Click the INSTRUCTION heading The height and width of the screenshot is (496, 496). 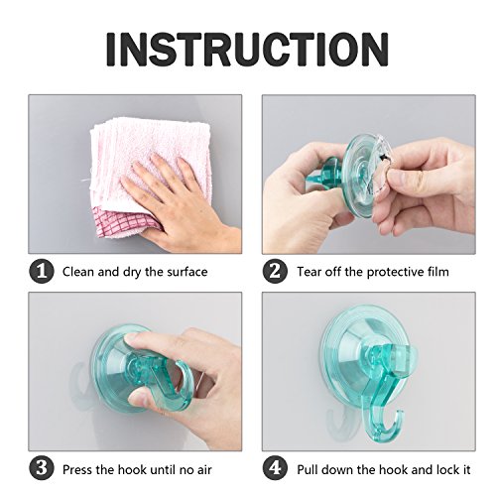pos(247,50)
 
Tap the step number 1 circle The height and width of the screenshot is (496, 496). pos(42,272)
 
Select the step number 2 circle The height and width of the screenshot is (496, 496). pos(275,272)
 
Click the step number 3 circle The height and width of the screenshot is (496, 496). pos(42,469)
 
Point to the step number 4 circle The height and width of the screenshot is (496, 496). pos(275,469)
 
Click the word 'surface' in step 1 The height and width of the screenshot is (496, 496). pos(187,272)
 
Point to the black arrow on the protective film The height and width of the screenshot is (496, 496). pos(384,158)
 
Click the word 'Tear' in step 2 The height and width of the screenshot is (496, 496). pos(309,272)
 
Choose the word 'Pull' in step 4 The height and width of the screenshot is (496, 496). pos(308,469)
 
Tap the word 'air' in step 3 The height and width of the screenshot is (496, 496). pos(203,469)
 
